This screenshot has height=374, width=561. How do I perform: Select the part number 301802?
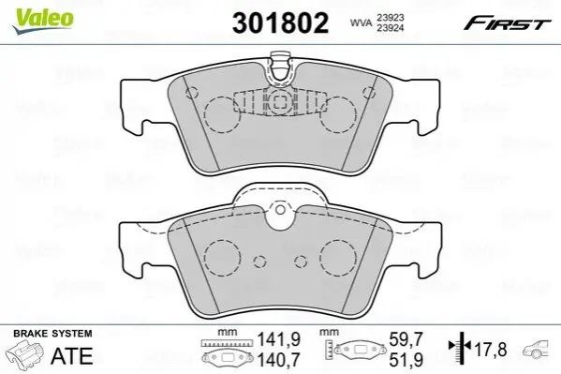tap(280, 22)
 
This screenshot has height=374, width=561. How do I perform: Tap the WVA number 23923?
tap(390, 18)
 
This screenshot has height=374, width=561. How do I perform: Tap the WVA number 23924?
tap(390, 27)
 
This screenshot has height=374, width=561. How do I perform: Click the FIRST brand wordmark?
tap(507, 23)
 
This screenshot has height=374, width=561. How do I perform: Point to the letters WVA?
tap(361, 22)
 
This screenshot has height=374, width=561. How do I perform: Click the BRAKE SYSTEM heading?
tap(52, 334)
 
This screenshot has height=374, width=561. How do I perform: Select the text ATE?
tap(72, 356)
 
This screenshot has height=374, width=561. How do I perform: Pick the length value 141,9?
tap(279, 339)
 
